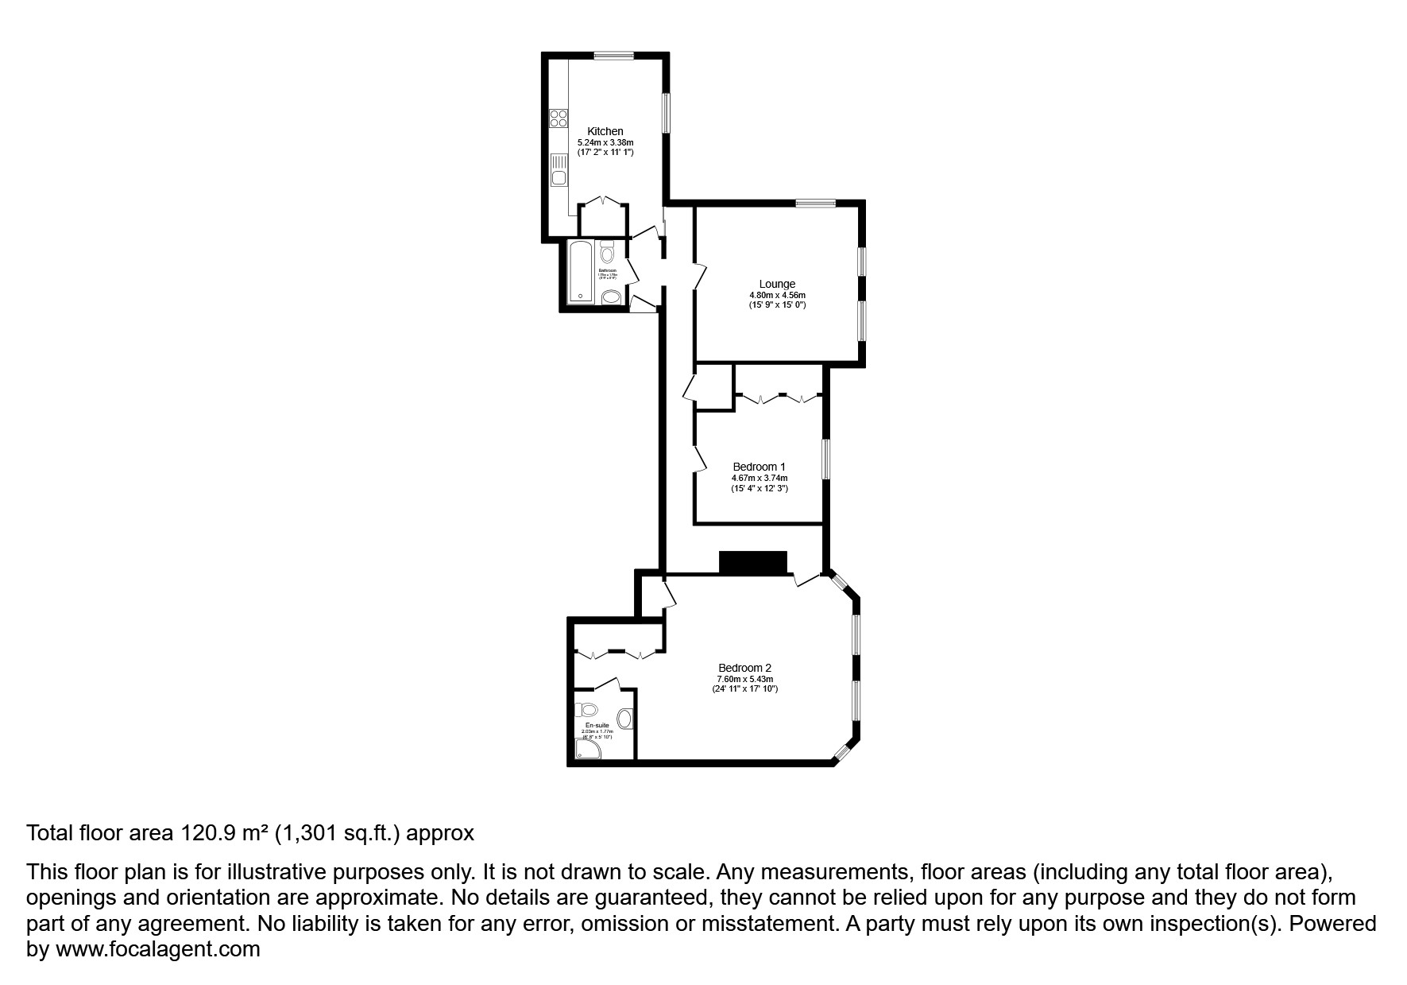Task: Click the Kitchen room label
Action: [x=605, y=131]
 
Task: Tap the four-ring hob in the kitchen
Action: [x=559, y=118]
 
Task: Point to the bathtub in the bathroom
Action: [x=582, y=272]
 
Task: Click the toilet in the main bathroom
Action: [x=608, y=253]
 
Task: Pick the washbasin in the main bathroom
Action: [x=611, y=297]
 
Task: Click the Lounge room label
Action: [x=776, y=284]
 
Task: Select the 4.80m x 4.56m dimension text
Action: [x=776, y=295]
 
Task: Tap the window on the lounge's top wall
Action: [x=816, y=203]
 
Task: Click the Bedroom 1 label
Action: [x=759, y=467]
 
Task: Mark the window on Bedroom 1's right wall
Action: [x=825, y=460]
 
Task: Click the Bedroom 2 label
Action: [x=744, y=668]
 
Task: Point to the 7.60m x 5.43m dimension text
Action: [x=744, y=679]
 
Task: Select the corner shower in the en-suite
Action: [x=586, y=748]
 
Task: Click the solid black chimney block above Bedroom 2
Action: [x=752, y=562]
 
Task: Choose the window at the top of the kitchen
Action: [x=613, y=55]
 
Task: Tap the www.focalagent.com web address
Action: [x=157, y=949]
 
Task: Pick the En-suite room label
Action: [x=597, y=726]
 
